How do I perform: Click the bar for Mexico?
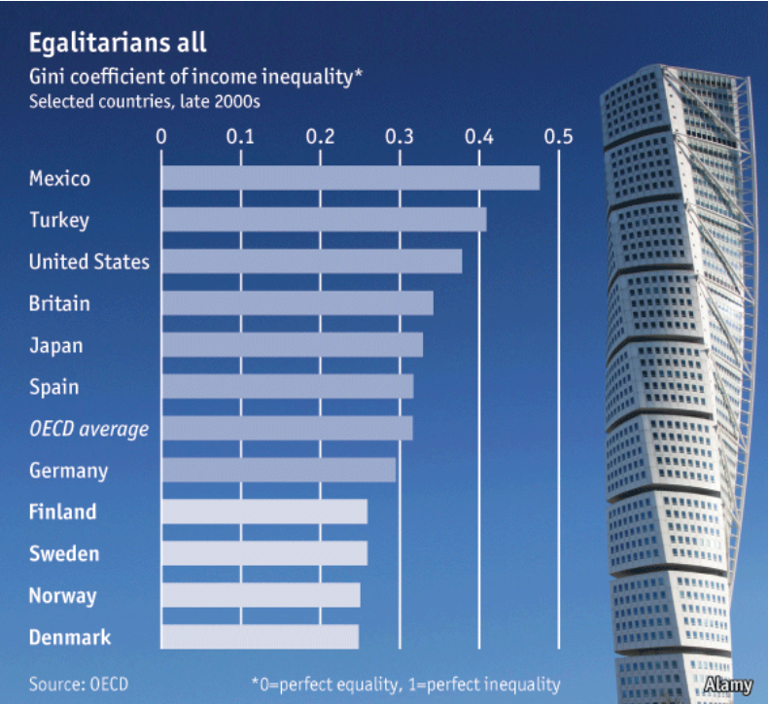click(x=350, y=178)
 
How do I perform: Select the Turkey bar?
click(x=324, y=220)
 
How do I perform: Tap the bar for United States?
click(x=311, y=262)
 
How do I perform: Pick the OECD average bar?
click(x=287, y=428)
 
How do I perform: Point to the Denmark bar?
click(x=260, y=637)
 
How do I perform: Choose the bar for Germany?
click(x=278, y=470)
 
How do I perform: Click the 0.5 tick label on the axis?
click(x=558, y=136)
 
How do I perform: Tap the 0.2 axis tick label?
click(x=320, y=136)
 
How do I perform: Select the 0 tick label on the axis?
click(x=161, y=136)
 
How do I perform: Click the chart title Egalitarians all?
click(x=118, y=44)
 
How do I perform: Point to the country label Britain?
click(x=59, y=303)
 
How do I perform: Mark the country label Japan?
click(x=56, y=345)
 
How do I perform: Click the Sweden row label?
click(x=64, y=553)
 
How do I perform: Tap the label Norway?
click(x=62, y=595)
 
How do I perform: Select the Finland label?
click(x=63, y=511)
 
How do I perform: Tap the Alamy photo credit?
click(x=728, y=685)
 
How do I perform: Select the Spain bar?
click(x=287, y=386)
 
